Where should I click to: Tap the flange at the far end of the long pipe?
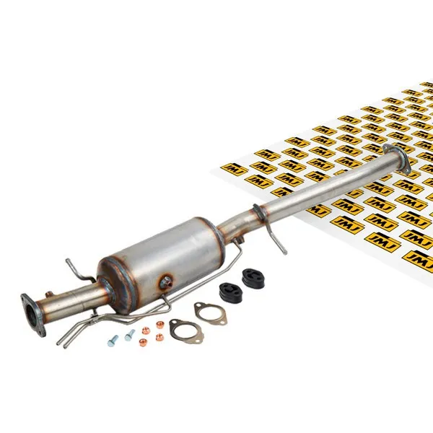click(x=397, y=158)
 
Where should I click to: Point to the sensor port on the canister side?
click(x=167, y=282)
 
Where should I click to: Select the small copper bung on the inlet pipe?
click(x=50, y=294)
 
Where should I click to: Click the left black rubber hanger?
click(x=230, y=292)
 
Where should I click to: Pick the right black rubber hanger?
click(x=253, y=278)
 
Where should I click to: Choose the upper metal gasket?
click(x=210, y=313)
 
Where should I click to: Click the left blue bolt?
click(x=113, y=341)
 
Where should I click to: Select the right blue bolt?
click(x=130, y=335)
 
